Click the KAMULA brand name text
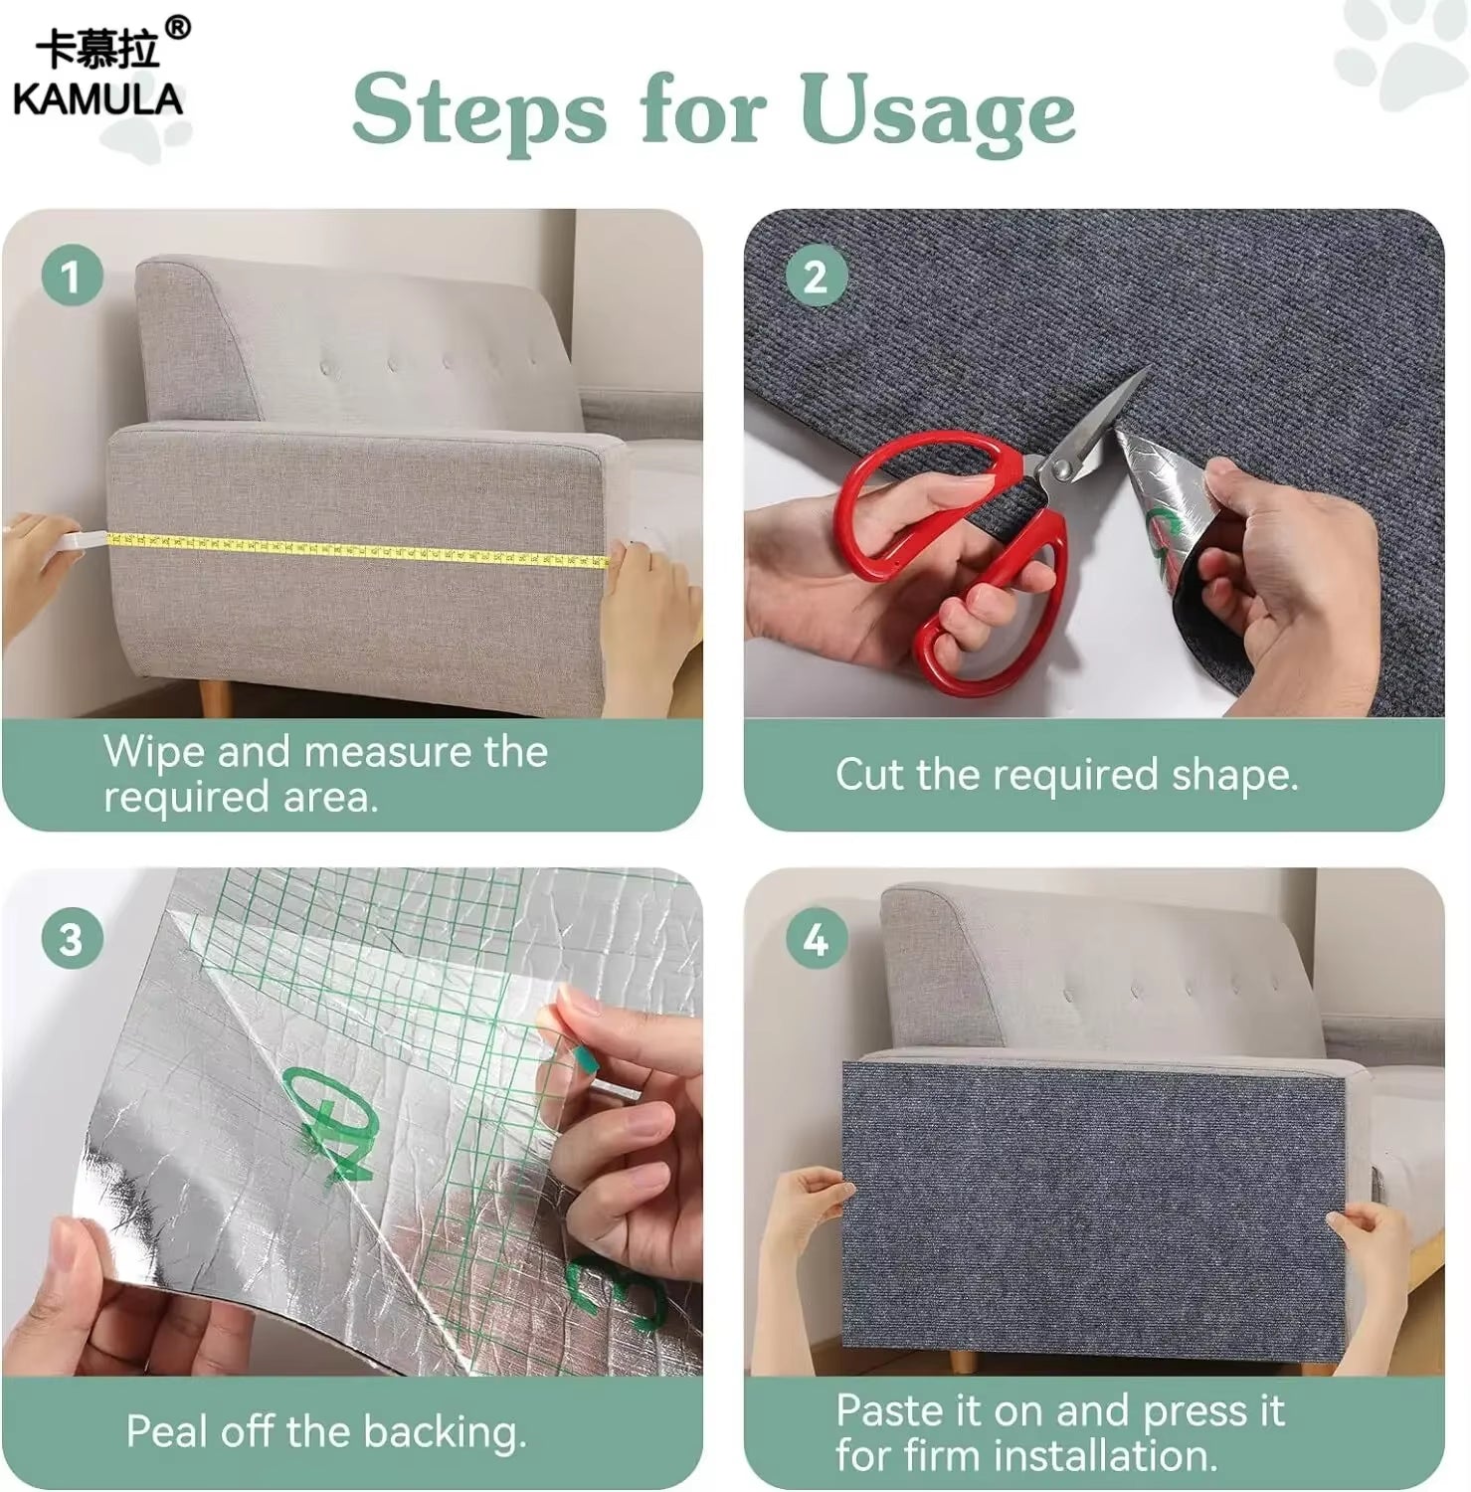coord(97,99)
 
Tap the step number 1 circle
coord(72,277)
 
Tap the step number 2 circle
coord(815,277)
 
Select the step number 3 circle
coord(72,939)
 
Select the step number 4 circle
coord(815,939)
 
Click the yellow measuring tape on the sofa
coord(358,550)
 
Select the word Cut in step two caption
coord(868,775)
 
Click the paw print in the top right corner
coord(1402,50)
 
